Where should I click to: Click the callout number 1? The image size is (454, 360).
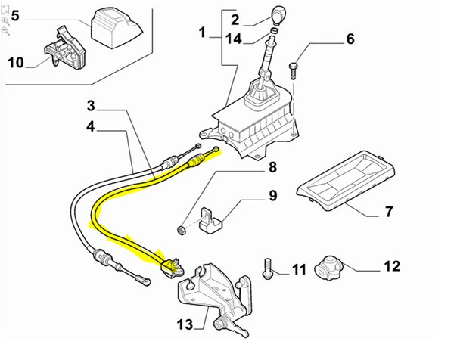point(202,33)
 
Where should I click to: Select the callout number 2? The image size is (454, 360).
point(235,19)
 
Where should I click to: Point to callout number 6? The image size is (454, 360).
point(350,39)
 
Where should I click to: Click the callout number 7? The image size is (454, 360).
point(389,211)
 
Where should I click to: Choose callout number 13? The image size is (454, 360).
point(185,326)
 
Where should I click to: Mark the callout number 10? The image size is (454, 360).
point(16,63)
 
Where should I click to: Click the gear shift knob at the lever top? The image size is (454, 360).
point(276,14)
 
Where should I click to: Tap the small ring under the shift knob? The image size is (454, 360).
point(273,32)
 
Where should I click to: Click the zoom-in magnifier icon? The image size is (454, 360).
point(5,21)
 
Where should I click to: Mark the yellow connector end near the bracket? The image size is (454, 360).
point(173,264)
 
